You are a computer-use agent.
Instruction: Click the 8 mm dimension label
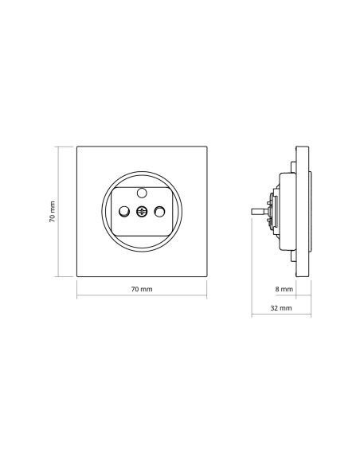tap(284, 289)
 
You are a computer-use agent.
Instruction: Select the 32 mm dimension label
tap(281, 308)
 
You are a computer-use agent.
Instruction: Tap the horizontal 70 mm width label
tap(142, 289)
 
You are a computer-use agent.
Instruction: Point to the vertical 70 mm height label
tap(53, 212)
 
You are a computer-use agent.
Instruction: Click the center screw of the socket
tap(142, 212)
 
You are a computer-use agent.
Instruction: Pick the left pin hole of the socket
tap(124, 212)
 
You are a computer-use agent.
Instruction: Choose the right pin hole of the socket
tap(159, 212)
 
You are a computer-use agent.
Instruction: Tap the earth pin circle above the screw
tap(142, 193)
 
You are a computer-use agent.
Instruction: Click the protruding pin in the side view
tap(260, 212)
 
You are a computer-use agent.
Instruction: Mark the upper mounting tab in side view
tap(293, 167)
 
